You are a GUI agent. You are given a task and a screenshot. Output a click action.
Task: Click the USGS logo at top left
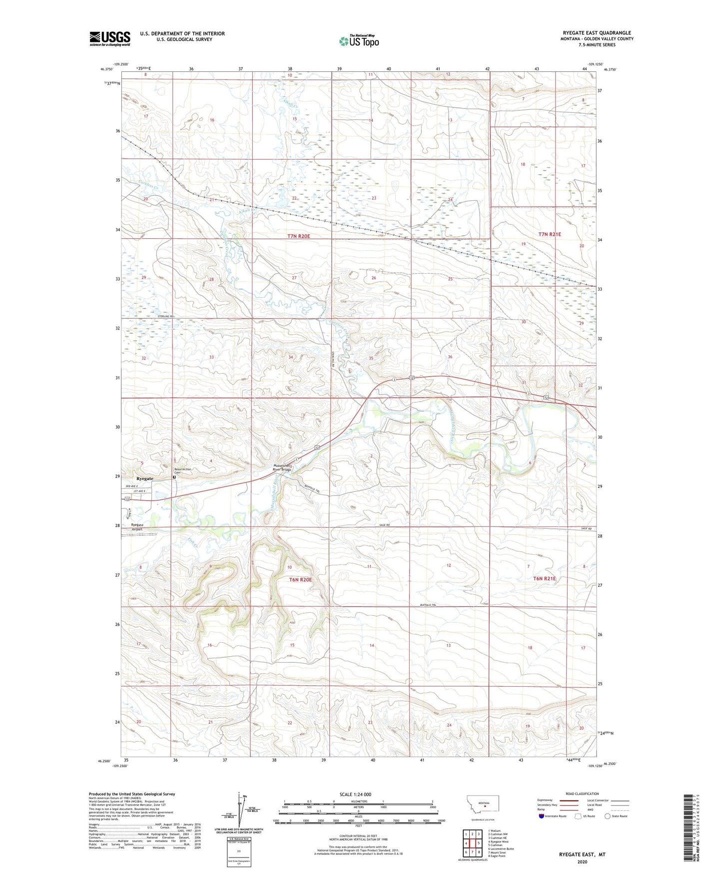coord(110,38)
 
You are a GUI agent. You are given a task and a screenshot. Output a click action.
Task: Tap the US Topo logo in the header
coord(359,41)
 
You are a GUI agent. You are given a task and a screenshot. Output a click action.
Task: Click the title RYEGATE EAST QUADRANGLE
coord(597,33)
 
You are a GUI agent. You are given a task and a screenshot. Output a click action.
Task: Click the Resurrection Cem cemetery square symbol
coord(174,477)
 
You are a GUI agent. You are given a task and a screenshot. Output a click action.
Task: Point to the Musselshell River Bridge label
coord(281,467)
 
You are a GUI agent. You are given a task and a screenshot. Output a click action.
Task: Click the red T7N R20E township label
coord(299,236)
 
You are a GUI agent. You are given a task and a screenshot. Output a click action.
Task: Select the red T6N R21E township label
coord(544,578)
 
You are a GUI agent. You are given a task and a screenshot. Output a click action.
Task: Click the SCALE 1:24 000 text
coord(355,795)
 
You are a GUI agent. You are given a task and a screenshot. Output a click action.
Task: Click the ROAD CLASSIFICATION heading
coord(582,794)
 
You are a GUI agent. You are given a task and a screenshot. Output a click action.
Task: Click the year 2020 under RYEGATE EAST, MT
coord(582,862)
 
